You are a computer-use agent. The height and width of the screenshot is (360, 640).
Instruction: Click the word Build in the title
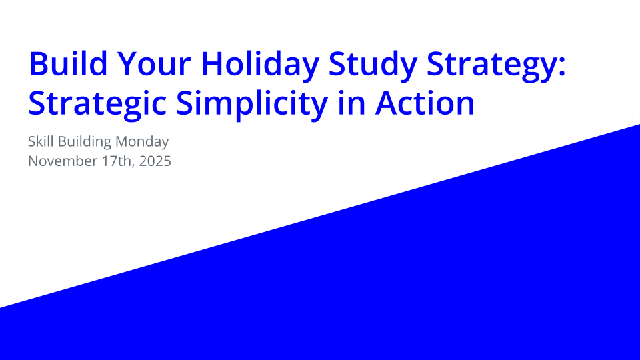(x=65, y=65)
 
